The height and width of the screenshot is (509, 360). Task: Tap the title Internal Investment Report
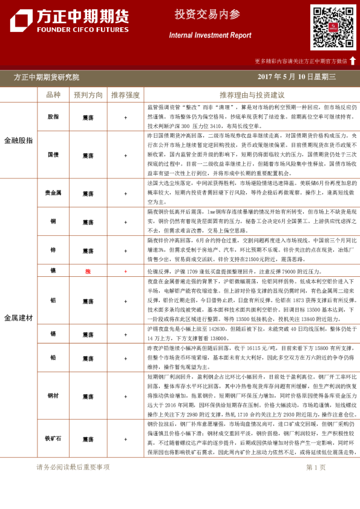pyautogui.click(x=210, y=36)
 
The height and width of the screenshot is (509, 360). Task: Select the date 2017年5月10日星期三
pyautogui.click(x=301, y=77)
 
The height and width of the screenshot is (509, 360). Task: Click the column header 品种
pyautogui.click(x=53, y=95)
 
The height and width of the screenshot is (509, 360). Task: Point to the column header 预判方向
pyautogui.click(x=88, y=95)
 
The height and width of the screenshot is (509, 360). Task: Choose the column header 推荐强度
pyautogui.click(x=125, y=95)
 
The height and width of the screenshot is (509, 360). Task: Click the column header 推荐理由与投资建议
pyautogui.click(x=252, y=95)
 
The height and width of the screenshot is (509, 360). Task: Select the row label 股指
pyautogui.click(x=53, y=117)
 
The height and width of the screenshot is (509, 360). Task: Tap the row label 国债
pyautogui.click(x=53, y=155)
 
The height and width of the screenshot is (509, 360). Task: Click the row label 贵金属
pyautogui.click(x=53, y=193)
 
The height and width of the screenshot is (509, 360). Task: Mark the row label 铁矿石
pyautogui.click(x=53, y=438)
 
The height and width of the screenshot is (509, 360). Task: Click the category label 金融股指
pyautogui.click(x=19, y=140)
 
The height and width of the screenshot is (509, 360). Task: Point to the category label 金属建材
pyautogui.click(x=19, y=317)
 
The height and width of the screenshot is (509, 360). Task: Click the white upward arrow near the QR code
pyautogui.click(x=353, y=60)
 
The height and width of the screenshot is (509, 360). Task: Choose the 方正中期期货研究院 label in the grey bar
pyautogui.click(x=47, y=77)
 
